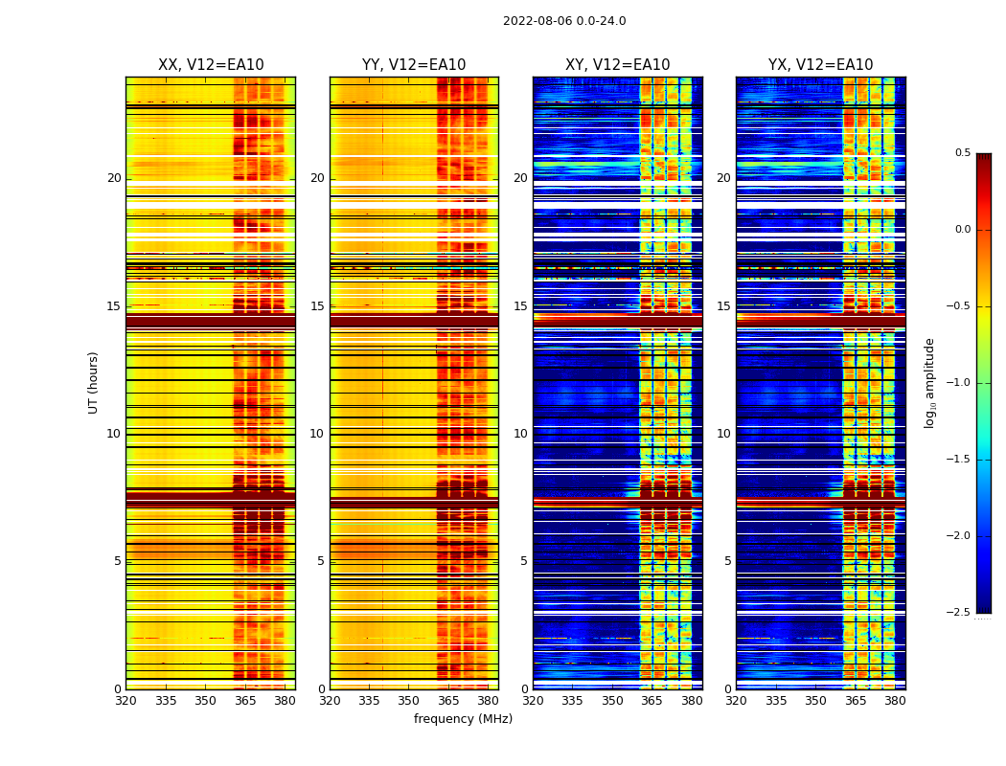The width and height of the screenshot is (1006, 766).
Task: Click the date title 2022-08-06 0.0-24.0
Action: pos(564,21)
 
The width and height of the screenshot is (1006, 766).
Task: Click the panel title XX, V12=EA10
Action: pos(211,65)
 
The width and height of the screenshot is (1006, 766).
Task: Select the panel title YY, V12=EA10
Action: pos(414,65)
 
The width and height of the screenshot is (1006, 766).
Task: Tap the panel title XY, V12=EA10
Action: pos(617,65)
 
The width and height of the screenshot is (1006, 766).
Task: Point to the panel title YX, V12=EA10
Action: pos(820,65)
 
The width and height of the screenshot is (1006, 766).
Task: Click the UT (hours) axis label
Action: pos(93,382)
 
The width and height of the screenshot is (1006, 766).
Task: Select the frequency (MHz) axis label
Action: pos(463,719)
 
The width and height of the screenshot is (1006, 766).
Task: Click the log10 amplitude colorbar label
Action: pos(929,382)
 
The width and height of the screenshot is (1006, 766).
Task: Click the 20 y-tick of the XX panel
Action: pos(114,178)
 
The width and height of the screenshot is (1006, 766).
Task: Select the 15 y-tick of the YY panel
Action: pos(317,306)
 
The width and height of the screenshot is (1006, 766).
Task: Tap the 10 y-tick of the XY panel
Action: pos(520,434)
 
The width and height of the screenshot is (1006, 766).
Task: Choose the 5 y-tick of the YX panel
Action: pos(727,561)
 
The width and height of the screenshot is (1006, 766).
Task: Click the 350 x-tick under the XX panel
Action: pos(205,701)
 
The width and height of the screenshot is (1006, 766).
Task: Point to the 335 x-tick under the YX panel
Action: pos(776,701)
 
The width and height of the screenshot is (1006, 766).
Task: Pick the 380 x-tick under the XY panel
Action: pos(692,701)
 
